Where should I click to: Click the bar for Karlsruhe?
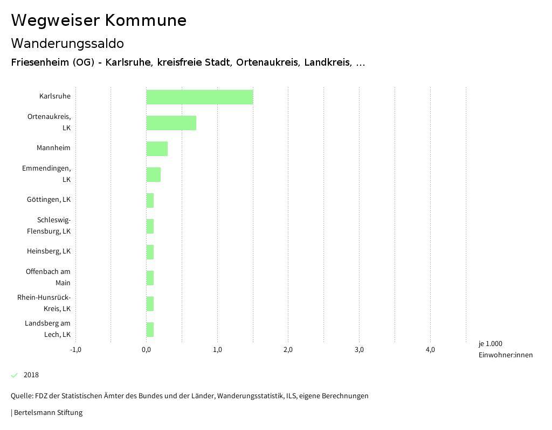pos(199,97)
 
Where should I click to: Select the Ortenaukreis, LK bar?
pos(171,123)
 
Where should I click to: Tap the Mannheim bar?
pos(157,149)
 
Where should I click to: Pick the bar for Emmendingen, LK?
pos(153,174)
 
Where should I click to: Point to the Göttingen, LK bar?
pos(150,200)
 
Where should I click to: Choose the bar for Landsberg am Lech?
pos(150,329)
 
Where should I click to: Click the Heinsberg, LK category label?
pos(49,251)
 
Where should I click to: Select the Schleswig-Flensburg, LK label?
pos(49,225)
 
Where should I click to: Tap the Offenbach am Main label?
pos(49,277)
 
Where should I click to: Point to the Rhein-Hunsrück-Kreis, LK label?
pos(44,303)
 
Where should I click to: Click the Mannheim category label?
pos(53,148)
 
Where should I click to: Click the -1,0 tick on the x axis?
pos(75,350)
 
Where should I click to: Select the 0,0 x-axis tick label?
pos(146,350)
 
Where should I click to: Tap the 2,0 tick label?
pos(288,350)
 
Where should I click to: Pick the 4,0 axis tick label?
pos(430,350)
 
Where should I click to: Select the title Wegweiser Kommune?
pos(99,20)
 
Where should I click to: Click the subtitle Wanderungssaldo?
pos(67,43)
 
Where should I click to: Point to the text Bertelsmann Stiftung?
pos(48,413)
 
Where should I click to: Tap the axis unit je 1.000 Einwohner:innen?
pos(505,349)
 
